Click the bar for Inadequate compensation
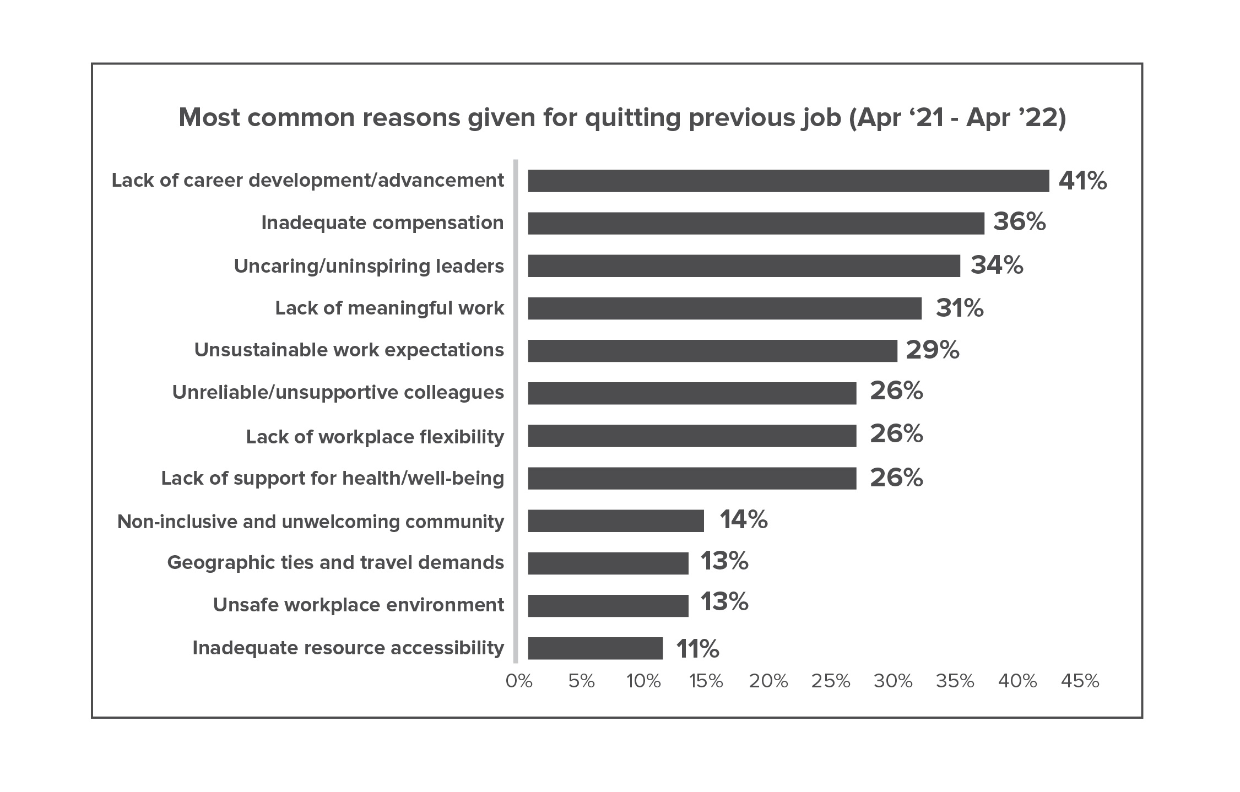(756, 223)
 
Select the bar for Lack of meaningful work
(724, 308)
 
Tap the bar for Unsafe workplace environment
(608, 605)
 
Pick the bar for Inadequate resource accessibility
(595, 648)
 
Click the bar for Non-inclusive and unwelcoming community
(615, 520)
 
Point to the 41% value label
(1082, 181)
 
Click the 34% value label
(997, 265)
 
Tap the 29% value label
(932, 350)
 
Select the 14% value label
(743, 519)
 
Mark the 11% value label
(697, 649)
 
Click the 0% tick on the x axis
(519, 681)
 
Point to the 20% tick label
(768, 681)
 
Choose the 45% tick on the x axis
(1080, 681)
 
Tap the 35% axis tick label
(955, 681)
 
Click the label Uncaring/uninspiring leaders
(369, 266)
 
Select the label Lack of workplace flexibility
(375, 437)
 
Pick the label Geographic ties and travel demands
(335, 562)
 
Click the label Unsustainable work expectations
(349, 350)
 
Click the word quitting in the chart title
(632, 118)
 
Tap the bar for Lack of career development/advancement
(788, 181)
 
